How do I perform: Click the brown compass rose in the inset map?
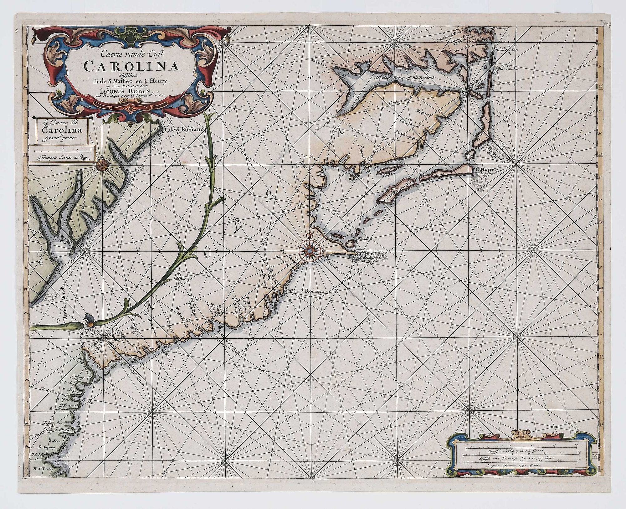[x=101, y=164]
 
